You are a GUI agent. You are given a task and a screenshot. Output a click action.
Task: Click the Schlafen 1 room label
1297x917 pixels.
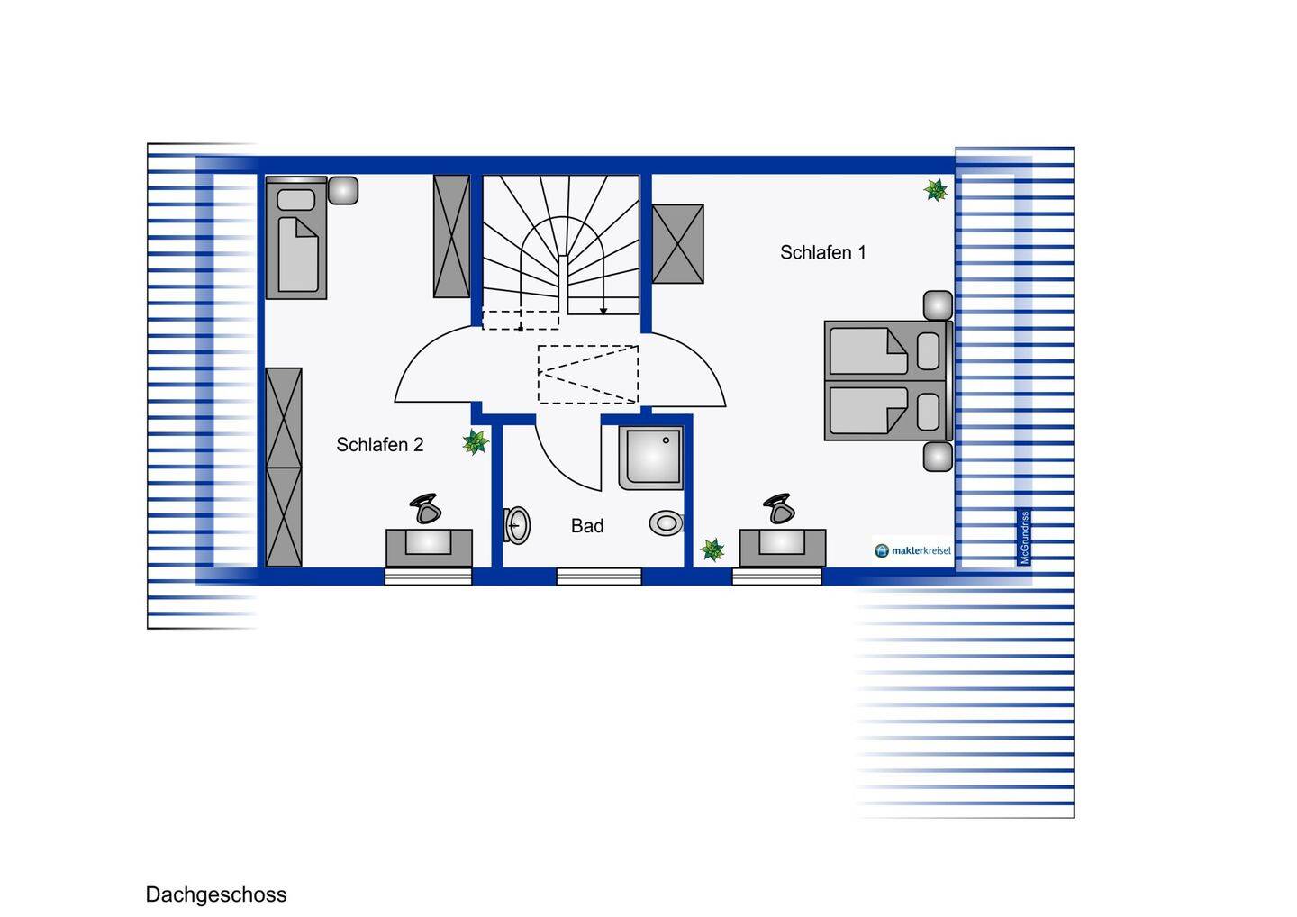pos(822,253)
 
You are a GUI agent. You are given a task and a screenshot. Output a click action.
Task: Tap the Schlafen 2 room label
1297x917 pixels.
pos(379,445)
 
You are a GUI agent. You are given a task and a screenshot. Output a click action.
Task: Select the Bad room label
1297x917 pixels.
pos(586,526)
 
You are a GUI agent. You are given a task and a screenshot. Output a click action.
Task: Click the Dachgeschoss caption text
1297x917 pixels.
pos(216,894)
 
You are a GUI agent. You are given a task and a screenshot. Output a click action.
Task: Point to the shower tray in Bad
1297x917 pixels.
pos(650,458)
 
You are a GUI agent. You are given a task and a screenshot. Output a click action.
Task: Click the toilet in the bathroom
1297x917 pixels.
pos(517,525)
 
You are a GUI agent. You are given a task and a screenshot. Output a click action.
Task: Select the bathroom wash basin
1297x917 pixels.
pos(667,523)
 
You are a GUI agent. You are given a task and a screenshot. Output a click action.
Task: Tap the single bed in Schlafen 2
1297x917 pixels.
pos(295,239)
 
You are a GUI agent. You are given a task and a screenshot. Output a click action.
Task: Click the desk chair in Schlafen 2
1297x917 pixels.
pos(425,509)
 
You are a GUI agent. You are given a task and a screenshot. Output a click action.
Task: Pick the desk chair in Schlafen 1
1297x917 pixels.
pos(778,509)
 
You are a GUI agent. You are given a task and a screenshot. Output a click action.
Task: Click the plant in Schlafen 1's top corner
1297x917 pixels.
pos(936,190)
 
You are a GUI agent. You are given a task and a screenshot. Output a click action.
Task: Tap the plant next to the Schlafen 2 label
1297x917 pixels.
pos(475,442)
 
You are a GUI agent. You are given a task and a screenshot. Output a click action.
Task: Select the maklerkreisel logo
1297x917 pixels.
pos(912,550)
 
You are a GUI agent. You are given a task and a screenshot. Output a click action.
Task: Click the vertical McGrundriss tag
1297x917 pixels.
pos(1024,538)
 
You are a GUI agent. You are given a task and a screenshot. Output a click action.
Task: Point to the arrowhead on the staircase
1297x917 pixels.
pos(603,311)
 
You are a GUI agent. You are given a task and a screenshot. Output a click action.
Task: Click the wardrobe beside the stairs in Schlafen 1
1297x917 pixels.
pos(677,244)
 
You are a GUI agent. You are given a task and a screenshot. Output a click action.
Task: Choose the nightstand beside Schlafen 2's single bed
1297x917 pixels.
pos(343,190)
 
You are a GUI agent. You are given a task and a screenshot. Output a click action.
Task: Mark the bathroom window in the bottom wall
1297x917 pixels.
pos(599,577)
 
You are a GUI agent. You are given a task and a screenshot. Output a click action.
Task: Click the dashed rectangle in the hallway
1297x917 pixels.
pos(588,374)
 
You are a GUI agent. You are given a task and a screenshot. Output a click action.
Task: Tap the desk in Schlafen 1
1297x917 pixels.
pos(782,547)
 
